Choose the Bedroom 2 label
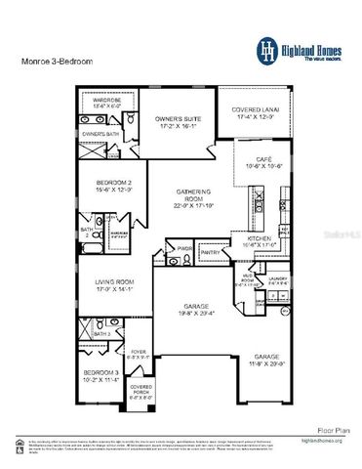pos(112,183)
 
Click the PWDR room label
pos(184,247)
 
